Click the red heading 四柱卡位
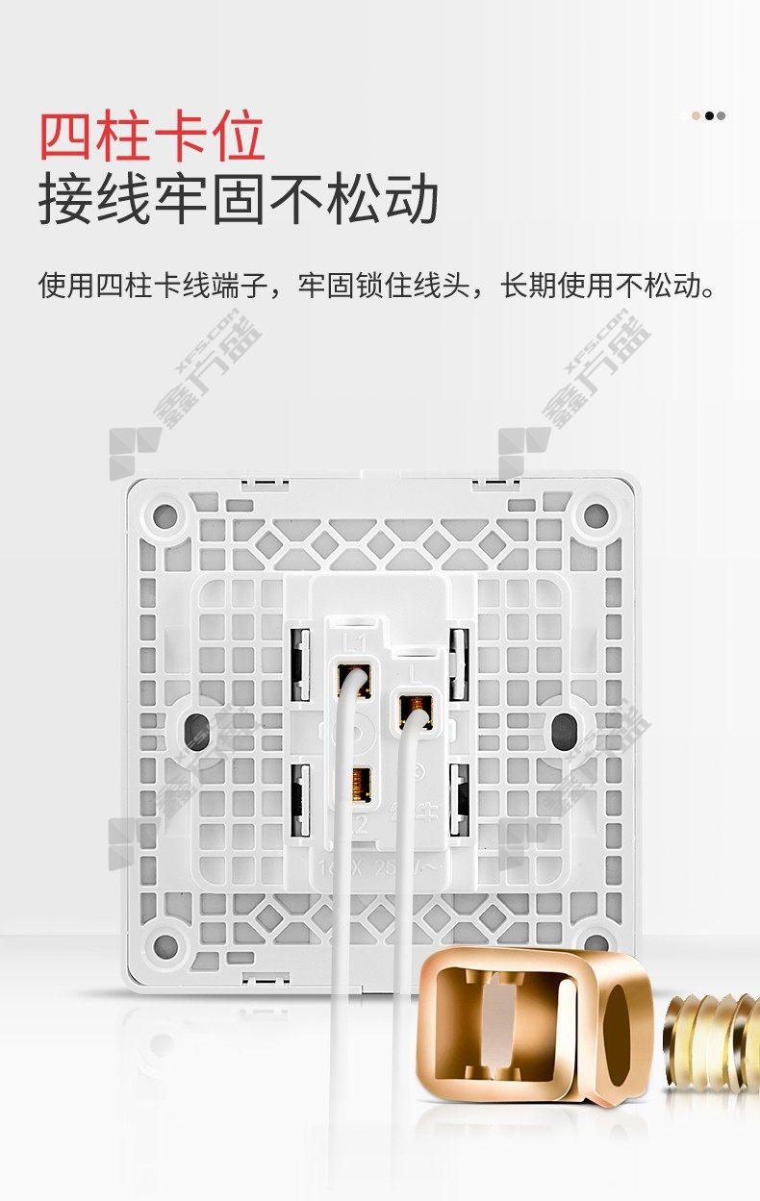[152, 137]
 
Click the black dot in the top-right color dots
[710, 115]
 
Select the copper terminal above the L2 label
[362, 784]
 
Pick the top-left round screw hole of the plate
[165, 514]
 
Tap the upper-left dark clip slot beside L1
[299, 664]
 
